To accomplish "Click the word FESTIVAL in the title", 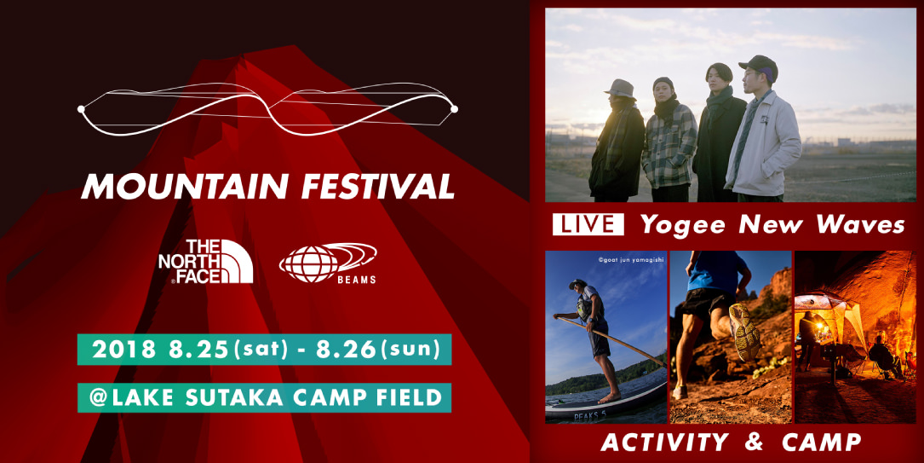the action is pyautogui.click(x=378, y=186).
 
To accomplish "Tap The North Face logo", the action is pyautogui.click(x=205, y=262).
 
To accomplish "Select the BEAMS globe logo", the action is pyautogui.click(x=328, y=263).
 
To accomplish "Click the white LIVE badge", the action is pyautogui.click(x=588, y=225).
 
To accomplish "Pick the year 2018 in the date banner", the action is pyautogui.click(x=123, y=350).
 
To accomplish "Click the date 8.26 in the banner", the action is pyautogui.click(x=345, y=350).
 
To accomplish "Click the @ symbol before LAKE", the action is pyautogui.click(x=97, y=397).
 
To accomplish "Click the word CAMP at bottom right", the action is pyautogui.click(x=822, y=442).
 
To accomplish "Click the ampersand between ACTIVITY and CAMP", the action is pyautogui.click(x=755, y=442).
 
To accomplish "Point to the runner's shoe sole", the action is pyautogui.click(x=745, y=333).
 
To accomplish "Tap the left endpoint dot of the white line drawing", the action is pyautogui.click(x=81, y=109).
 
